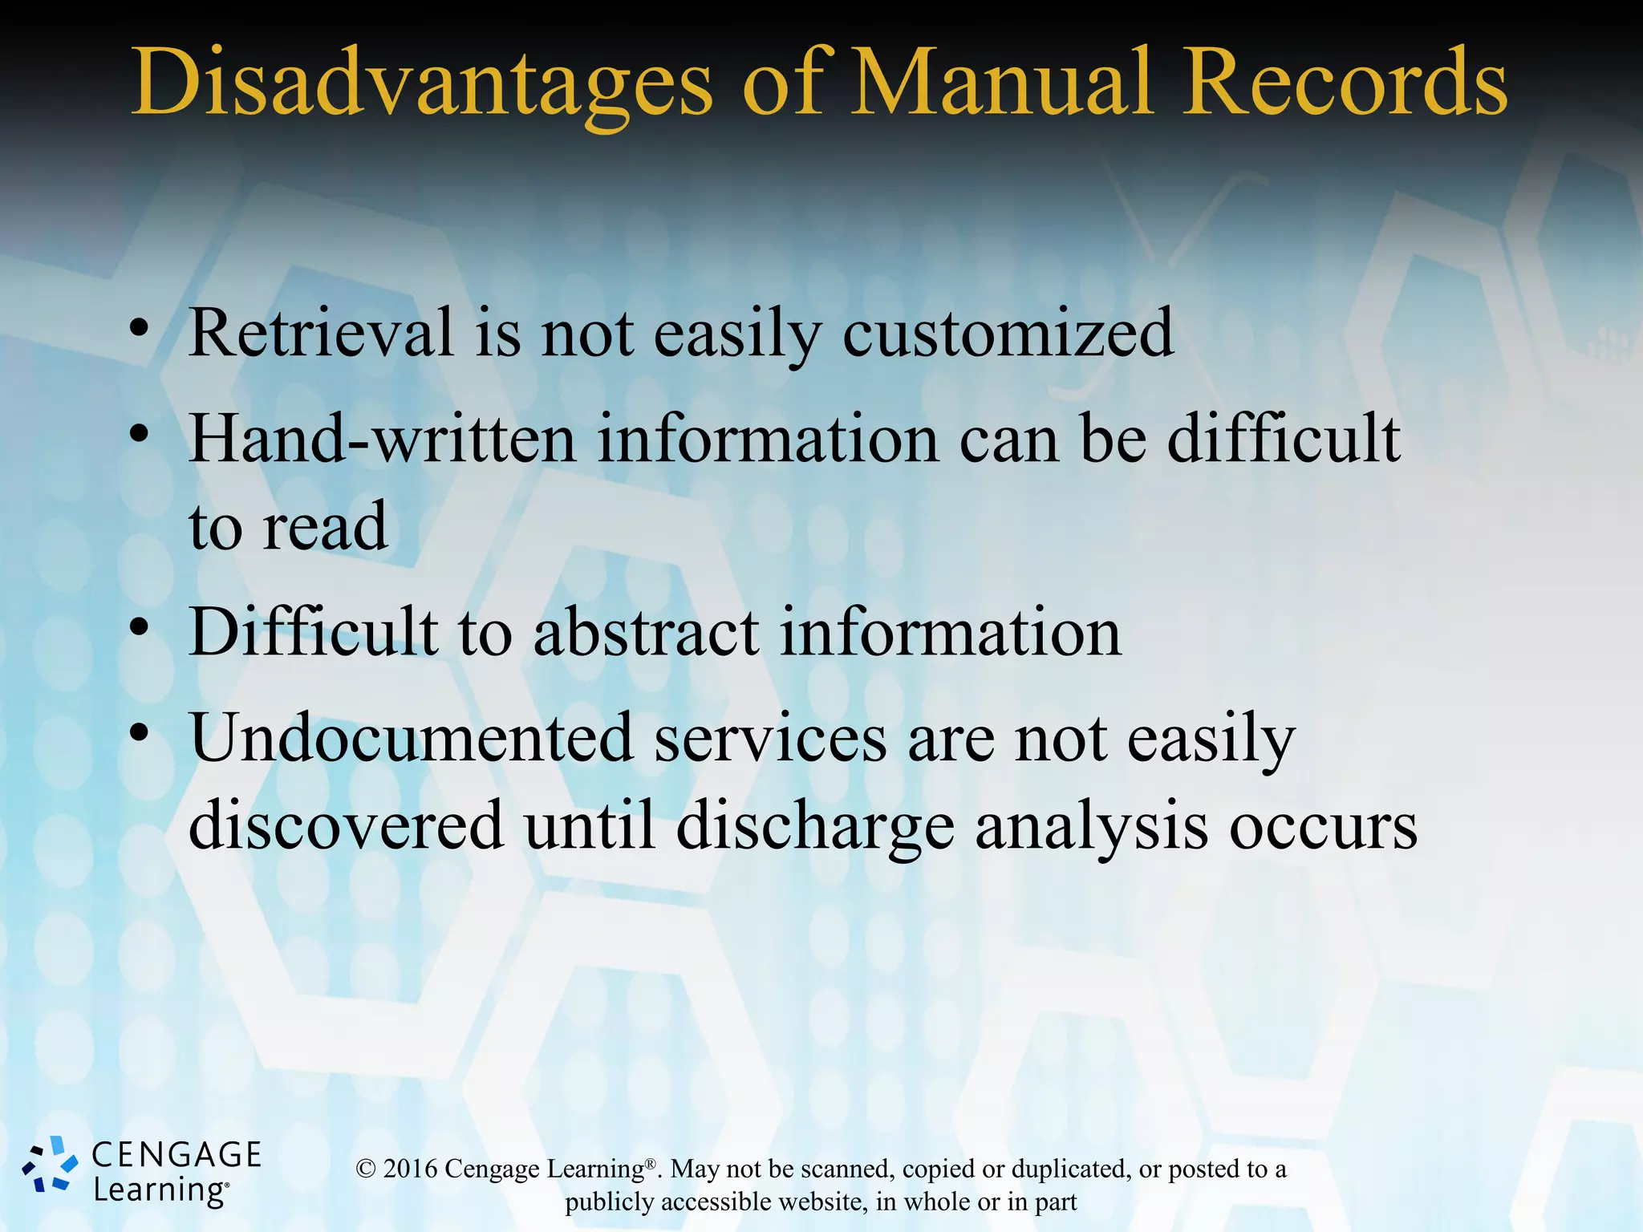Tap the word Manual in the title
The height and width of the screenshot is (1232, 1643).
click(x=1001, y=82)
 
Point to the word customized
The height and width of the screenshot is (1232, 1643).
click(x=1008, y=334)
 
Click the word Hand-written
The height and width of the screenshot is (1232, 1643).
click(x=382, y=439)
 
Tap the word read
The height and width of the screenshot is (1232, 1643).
click(x=325, y=527)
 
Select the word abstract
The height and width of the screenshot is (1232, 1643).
click(x=646, y=633)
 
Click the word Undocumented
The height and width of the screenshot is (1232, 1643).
click(x=412, y=738)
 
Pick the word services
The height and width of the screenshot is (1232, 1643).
click(x=770, y=738)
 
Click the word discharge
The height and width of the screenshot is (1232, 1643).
click(x=815, y=827)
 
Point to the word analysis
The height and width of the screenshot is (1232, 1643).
click(x=1091, y=827)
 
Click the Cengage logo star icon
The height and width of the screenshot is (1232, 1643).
click(x=50, y=1165)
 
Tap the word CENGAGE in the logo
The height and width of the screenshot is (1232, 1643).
click(x=176, y=1155)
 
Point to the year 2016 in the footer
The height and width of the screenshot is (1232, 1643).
click(x=410, y=1169)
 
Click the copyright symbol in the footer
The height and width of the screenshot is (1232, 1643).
click(x=366, y=1169)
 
